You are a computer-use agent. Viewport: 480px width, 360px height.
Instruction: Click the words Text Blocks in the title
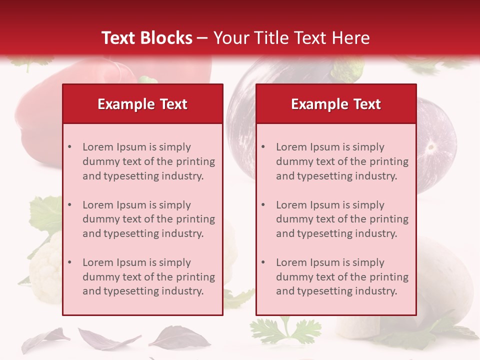[x=146, y=38]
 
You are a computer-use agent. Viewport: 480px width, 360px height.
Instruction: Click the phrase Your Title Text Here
[x=291, y=38]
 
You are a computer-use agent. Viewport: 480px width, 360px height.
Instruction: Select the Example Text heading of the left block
[x=142, y=104]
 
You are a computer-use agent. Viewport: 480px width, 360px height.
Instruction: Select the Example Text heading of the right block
[x=336, y=104]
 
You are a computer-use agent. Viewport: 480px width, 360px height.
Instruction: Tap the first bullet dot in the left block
[x=69, y=147]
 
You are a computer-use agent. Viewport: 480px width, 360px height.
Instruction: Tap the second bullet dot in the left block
[x=69, y=205]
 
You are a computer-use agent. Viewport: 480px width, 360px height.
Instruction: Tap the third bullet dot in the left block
[x=69, y=262]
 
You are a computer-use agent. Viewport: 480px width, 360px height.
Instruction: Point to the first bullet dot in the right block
[x=263, y=147]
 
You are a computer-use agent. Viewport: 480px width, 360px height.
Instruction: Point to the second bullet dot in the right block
[x=263, y=205]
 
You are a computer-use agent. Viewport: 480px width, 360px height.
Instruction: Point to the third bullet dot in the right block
[x=263, y=262]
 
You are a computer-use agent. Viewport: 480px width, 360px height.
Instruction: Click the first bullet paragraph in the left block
[x=148, y=161]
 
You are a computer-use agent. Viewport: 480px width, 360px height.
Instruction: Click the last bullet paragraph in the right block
[x=342, y=277]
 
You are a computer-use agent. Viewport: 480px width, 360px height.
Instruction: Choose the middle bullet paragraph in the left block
[x=148, y=219]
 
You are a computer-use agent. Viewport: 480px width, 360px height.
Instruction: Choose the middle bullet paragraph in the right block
[x=342, y=219]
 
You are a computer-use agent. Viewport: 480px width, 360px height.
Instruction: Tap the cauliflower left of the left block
[x=45, y=270]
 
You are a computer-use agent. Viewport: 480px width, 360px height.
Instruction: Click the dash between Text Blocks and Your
[x=202, y=38]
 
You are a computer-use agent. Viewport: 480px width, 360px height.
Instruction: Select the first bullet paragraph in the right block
[x=342, y=161]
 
